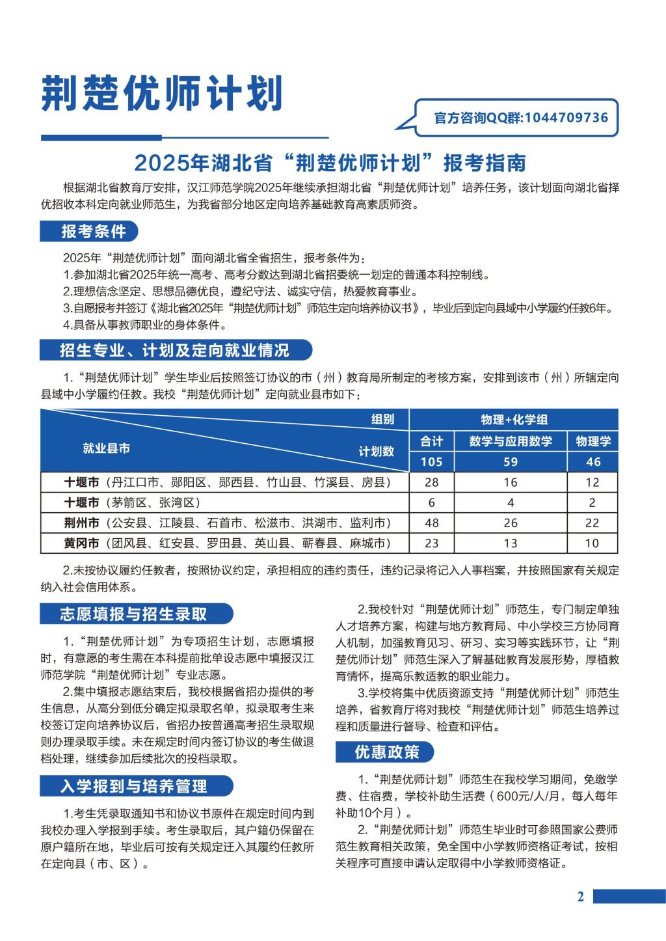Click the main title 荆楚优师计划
(162, 94)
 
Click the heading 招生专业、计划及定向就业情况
(174, 351)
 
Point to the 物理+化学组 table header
(514, 420)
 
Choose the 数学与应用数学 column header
(511, 441)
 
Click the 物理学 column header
(593, 441)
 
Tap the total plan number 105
(431, 462)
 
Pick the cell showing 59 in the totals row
(511, 462)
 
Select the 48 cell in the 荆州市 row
(431, 523)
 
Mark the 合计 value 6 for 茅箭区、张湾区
(431, 503)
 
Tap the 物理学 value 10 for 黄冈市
(593, 543)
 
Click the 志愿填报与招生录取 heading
(133, 614)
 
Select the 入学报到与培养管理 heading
(133, 786)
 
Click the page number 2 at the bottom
(581, 897)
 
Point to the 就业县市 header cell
(106, 448)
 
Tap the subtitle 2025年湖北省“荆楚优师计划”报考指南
(330, 161)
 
